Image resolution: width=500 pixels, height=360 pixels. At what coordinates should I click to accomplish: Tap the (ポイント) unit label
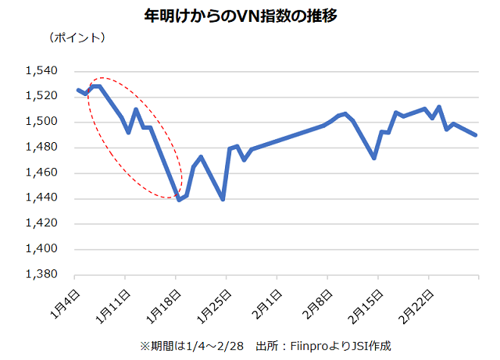pyautogui.click(x=76, y=37)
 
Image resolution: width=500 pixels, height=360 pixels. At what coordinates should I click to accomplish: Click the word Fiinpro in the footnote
pyautogui.click(x=308, y=345)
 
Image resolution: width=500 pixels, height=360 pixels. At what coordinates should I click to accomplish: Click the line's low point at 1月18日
pyautogui.click(x=179, y=200)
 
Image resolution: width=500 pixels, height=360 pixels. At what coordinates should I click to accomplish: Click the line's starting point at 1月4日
pyautogui.click(x=77, y=90)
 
